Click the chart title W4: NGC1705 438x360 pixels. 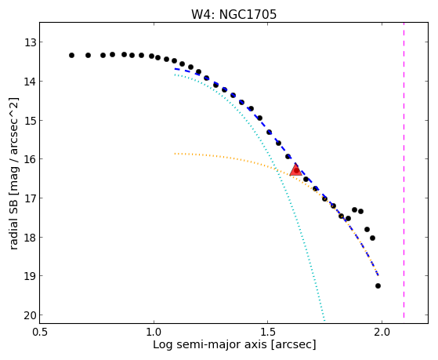(x=233, y=14)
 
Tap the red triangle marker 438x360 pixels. (x=295, y=169)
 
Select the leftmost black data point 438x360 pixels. (x=71, y=55)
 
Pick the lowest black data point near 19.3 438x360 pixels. (x=378, y=285)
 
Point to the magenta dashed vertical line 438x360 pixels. (x=404, y=170)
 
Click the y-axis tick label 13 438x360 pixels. (x=31, y=43)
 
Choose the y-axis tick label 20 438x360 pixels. (x=31, y=315)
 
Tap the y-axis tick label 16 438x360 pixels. (x=31, y=159)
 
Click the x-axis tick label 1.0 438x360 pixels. (x=154, y=332)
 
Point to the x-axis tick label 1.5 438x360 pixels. (x=268, y=332)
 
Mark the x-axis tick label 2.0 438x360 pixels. (x=382, y=332)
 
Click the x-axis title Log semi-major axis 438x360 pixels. (x=210, y=344)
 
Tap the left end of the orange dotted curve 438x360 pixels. (x=175, y=154)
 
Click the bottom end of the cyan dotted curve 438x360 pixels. (x=324, y=320)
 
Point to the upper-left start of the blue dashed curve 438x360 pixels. (x=176, y=68)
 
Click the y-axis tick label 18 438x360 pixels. (x=31, y=238)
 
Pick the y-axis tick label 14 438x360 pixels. (x=31, y=82)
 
